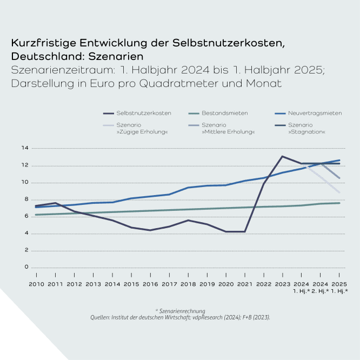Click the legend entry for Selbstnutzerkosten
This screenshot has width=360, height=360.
coord(144,113)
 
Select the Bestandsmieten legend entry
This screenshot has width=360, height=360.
coord(224,113)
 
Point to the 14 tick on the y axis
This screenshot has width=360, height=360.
coord(24,148)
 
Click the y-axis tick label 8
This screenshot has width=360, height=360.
coord(25,199)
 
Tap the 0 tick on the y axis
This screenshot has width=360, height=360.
coord(25,268)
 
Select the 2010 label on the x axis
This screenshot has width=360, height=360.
coord(36,284)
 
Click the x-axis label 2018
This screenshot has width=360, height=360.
coord(188,284)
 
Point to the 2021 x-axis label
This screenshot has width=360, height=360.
coord(244,284)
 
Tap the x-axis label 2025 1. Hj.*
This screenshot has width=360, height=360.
coord(339,287)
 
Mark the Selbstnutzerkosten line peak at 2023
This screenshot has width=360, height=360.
coord(282,156)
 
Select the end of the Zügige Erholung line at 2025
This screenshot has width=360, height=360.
coord(339,192)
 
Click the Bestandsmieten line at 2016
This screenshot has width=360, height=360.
coord(150,211)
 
